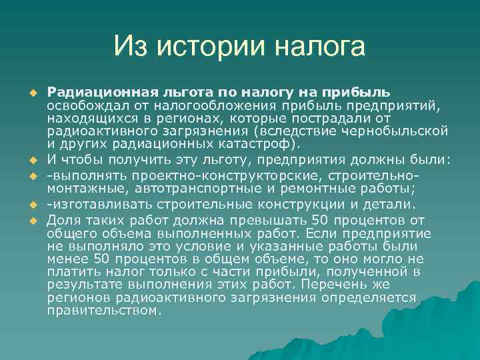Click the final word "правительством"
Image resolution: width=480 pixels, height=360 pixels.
pos(103,310)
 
